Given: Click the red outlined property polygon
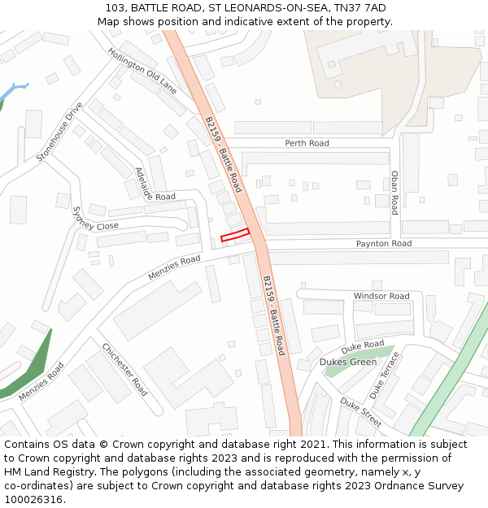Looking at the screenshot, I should [x=235, y=235].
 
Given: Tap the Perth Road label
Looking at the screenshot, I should [x=307, y=143].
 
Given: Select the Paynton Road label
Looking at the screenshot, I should [x=384, y=244].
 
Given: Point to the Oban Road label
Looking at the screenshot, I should [x=394, y=192].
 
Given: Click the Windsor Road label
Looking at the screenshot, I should [x=381, y=296].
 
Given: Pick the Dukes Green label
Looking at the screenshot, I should [x=348, y=362].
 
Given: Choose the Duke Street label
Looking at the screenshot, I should [x=360, y=412].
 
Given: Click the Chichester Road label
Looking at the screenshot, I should [x=124, y=369].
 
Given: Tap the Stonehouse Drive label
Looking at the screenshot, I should [x=59, y=132].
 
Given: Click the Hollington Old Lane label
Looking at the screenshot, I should [x=142, y=70].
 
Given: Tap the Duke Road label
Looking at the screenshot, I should [x=363, y=345].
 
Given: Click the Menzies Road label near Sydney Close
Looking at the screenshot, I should [x=174, y=267].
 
